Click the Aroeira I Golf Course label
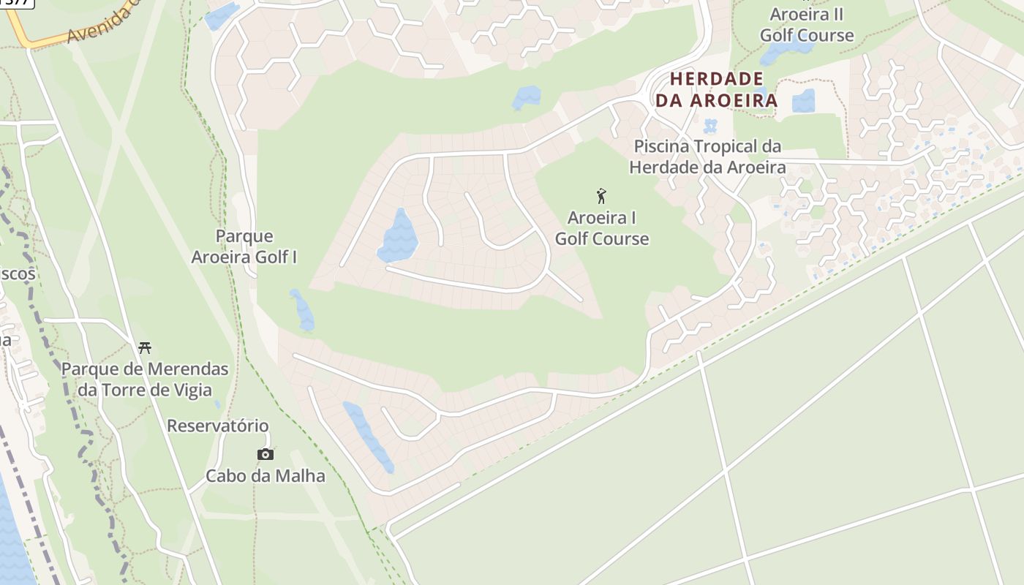(601, 228)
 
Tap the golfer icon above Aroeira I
(601, 196)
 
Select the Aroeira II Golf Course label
(806, 25)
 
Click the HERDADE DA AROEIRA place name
(716, 90)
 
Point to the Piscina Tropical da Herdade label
(707, 156)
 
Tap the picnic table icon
(145, 347)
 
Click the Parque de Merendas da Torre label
(145, 379)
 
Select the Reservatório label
(218, 426)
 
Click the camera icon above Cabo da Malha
(266, 454)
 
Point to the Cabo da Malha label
(265, 476)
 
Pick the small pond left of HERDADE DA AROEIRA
(527, 97)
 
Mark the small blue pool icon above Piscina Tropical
(709, 126)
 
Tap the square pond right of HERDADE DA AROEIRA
(803, 100)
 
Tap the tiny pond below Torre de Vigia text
(217, 403)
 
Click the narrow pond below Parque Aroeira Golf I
(301, 310)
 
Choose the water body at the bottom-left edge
(11, 534)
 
